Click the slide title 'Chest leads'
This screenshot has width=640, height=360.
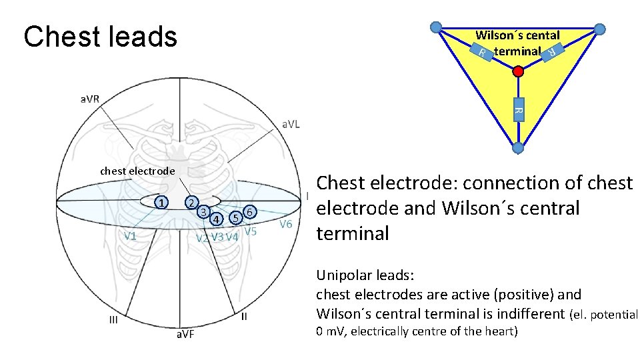pyautogui.click(x=100, y=37)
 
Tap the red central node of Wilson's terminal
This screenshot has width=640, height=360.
pyautogui.click(x=517, y=71)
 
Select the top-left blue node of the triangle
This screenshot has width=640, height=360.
pyautogui.click(x=435, y=27)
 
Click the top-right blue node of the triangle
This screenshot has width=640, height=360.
pyautogui.click(x=599, y=29)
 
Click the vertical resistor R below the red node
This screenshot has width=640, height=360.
pyautogui.click(x=519, y=109)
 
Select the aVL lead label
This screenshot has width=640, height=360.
pyautogui.click(x=291, y=124)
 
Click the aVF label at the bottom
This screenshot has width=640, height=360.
pyautogui.click(x=185, y=333)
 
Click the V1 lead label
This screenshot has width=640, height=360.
pyautogui.click(x=130, y=235)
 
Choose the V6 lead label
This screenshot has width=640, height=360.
pyautogui.click(x=286, y=224)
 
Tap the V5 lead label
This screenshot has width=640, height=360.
pyautogui.click(x=250, y=231)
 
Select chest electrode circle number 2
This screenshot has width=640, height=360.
pyautogui.click(x=191, y=202)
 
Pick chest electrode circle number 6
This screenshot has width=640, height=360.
pyautogui.click(x=249, y=211)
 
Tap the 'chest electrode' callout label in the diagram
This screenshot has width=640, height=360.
pyautogui.click(x=137, y=171)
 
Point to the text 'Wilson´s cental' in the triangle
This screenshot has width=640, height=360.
pyautogui.click(x=517, y=35)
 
